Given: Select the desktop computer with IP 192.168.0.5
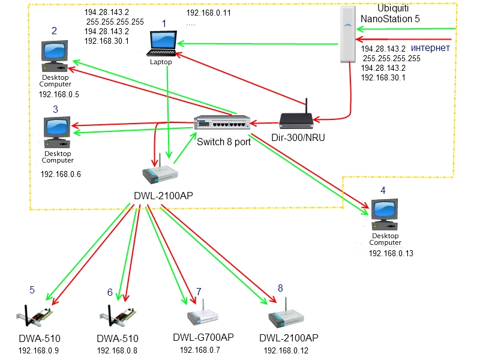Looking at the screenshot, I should coord(55,58).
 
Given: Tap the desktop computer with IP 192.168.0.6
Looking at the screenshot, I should coord(57,134).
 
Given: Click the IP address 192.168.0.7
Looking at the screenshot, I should coord(200,350).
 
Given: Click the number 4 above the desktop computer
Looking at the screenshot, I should coord(382,191).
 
